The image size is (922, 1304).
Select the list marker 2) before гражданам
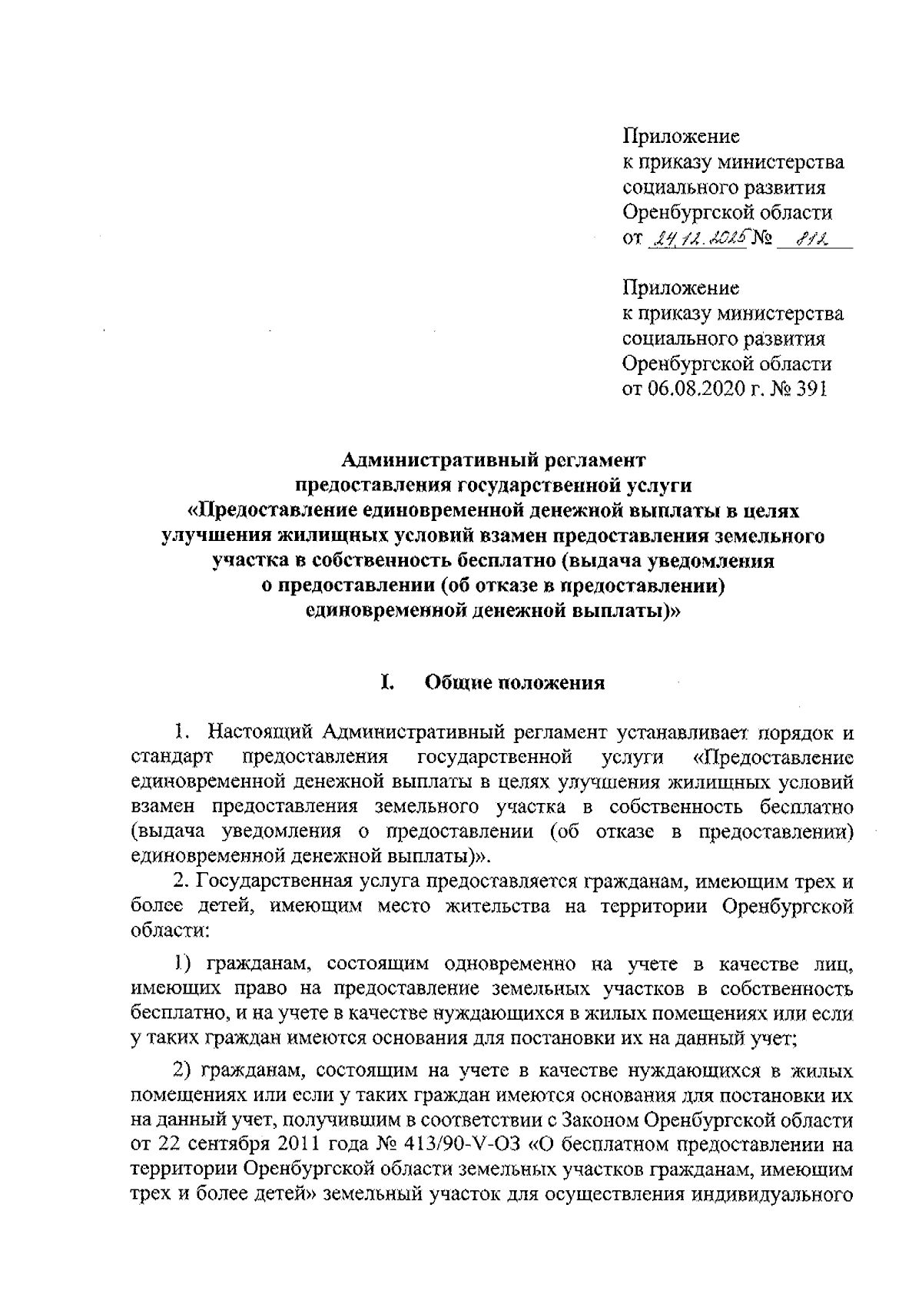tap(183, 1070)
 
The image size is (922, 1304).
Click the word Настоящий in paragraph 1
tap(260, 730)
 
